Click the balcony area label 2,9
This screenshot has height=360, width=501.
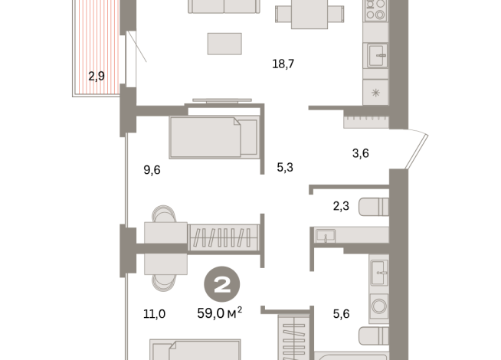pos(97,75)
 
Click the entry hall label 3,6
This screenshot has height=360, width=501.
pos(361,153)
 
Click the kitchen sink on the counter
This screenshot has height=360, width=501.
pos(376,56)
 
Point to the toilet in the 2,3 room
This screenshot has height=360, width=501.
pos(375,206)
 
